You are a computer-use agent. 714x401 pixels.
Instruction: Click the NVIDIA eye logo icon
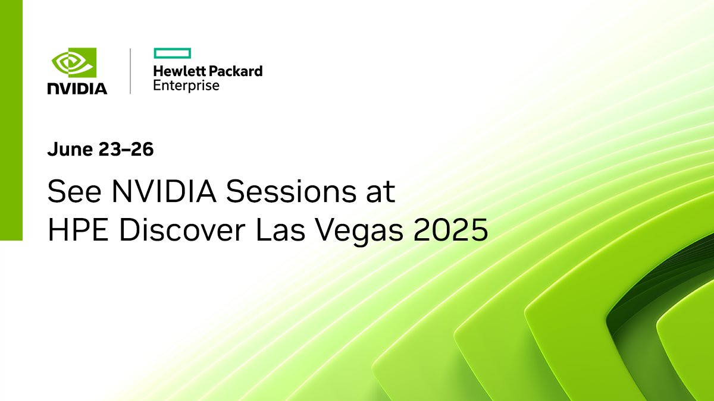(74, 62)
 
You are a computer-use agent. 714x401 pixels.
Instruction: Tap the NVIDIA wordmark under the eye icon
(77, 89)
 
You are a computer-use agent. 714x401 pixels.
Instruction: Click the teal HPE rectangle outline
(173, 53)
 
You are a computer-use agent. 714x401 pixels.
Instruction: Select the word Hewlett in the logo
(177, 71)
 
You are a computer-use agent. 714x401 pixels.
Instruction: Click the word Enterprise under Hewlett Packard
(186, 86)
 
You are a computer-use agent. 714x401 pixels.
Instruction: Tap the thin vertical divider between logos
(130, 71)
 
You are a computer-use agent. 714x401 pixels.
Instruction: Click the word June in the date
(70, 149)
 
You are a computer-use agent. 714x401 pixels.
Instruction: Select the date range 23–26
(126, 149)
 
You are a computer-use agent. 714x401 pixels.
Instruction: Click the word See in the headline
(74, 191)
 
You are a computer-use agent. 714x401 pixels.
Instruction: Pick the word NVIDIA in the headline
(164, 191)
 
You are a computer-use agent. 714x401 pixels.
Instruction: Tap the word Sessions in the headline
(291, 191)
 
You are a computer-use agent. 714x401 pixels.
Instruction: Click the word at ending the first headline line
(381, 192)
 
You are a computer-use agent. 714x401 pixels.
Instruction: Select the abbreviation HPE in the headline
(78, 230)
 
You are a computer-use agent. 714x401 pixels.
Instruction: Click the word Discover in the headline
(182, 230)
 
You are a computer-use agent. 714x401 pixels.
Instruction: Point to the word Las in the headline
(280, 230)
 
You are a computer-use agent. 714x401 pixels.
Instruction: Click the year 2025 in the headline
(451, 230)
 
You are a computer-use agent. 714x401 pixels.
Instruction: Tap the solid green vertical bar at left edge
(11, 120)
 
